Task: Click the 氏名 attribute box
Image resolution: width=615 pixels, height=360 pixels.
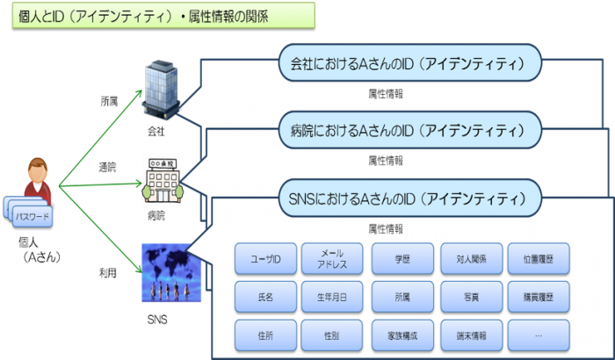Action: (x=265, y=297)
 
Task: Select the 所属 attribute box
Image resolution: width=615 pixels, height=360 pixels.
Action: (x=402, y=297)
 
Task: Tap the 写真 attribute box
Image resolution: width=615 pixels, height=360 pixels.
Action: (x=472, y=297)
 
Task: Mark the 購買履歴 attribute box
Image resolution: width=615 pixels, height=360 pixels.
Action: (x=539, y=297)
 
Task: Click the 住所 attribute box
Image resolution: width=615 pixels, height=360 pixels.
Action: (x=265, y=335)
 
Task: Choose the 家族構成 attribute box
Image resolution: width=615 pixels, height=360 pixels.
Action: (x=402, y=335)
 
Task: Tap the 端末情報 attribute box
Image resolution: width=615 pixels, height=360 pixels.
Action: (x=472, y=335)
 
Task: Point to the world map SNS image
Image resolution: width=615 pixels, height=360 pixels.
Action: (x=172, y=271)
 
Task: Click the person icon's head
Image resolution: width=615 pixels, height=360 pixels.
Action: (x=37, y=168)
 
